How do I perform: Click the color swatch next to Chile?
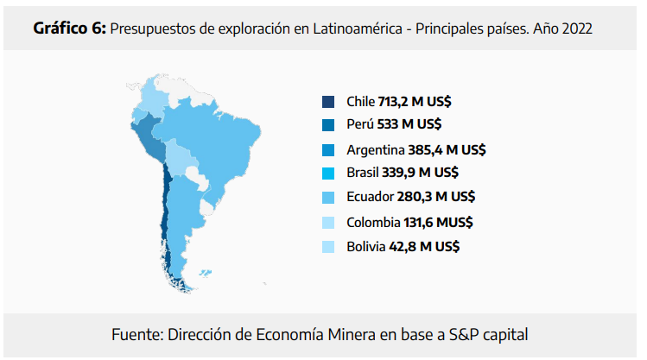(x=328, y=101)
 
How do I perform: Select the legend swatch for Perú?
(x=328, y=124)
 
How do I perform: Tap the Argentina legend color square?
(x=328, y=149)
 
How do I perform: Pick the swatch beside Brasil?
(x=328, y=173)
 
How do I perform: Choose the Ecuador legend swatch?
(x=328, y=198)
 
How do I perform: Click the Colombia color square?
(x=328, y=222)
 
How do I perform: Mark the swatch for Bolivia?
(x=328, y=246)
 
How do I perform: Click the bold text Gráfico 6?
(x=69, y=28)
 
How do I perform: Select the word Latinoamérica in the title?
(x=363, y=28)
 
